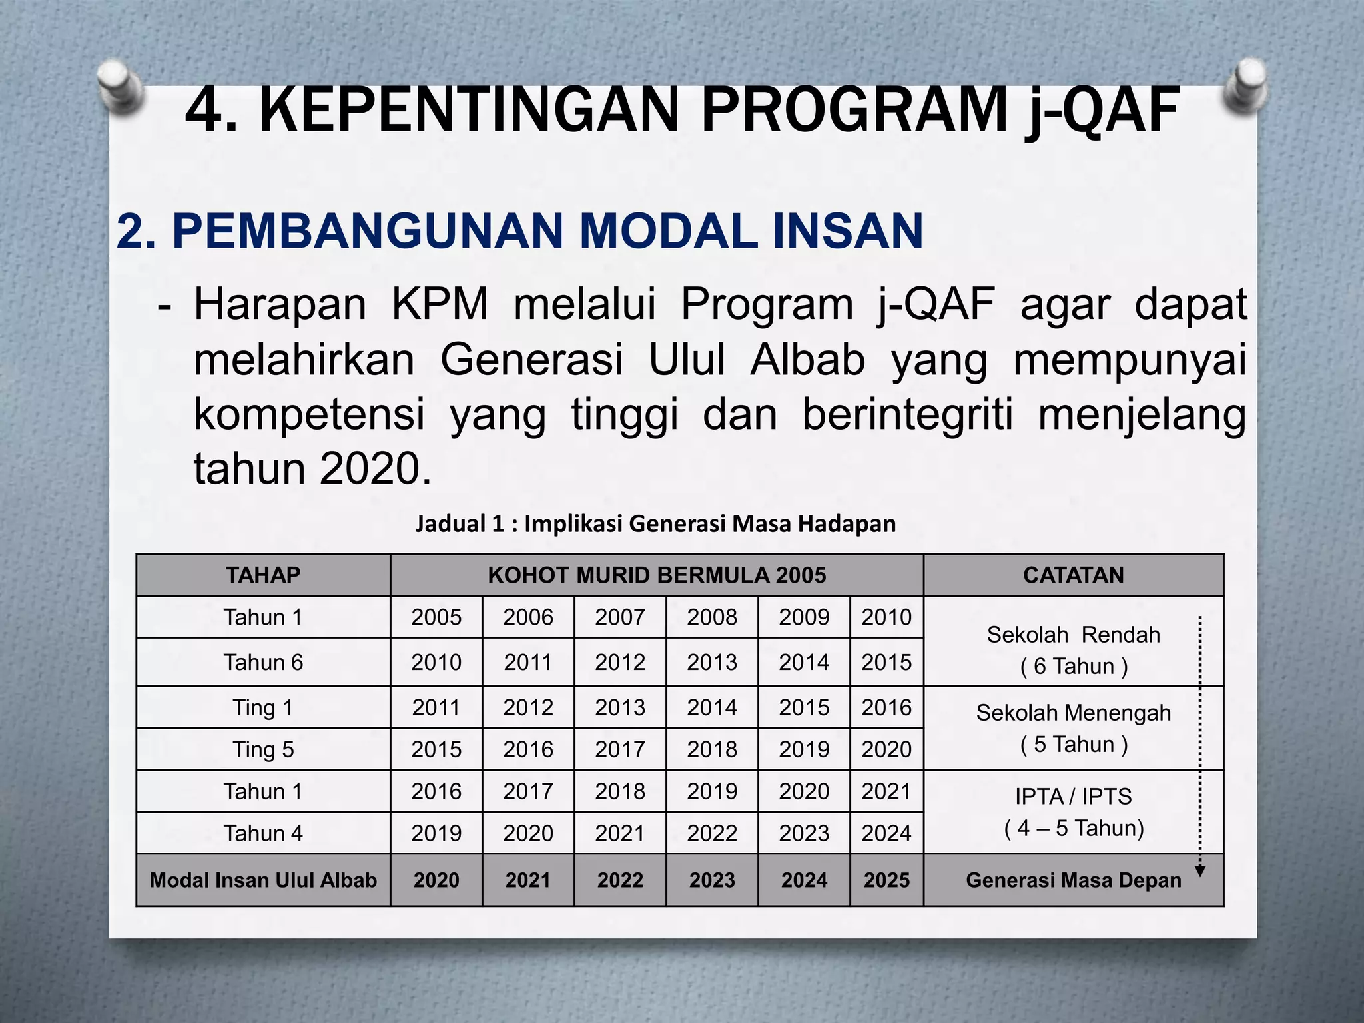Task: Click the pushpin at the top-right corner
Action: [1244, 87]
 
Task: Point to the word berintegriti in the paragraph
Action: [907, 414]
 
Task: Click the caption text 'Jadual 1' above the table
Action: [460, 524]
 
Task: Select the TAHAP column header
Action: [263, 575]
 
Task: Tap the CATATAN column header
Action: [1073, 575]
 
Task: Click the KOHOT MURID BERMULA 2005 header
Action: [657, 575]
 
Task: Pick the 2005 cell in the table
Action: [436, 617]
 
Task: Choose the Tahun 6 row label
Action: [263, 663]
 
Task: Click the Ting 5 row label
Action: [263, 749]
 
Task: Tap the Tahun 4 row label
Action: [263, 833]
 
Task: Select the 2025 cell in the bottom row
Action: [886, 880]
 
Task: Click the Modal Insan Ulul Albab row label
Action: [263, 880]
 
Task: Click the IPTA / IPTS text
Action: [1073, 797]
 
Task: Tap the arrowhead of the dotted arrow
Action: [1200, 872]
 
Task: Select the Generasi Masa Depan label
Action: [1073, 880]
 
